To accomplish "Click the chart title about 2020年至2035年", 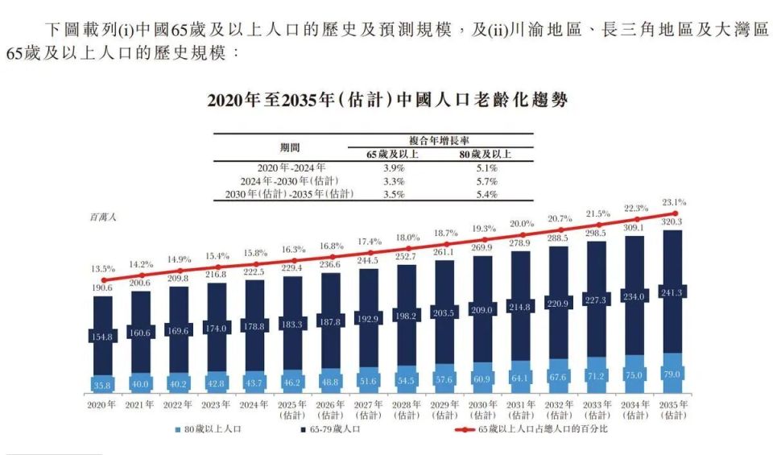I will coord(387,101).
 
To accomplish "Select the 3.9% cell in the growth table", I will coord(392,168).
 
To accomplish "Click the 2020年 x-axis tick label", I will coord(102,404).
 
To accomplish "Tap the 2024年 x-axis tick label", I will coord(255,404).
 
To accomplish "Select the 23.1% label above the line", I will coord(673,202).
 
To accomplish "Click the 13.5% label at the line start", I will coord(102,268).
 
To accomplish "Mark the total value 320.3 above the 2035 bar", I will coord(673,221).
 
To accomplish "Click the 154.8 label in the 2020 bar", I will coord(102,336).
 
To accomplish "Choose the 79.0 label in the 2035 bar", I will coord(673,374).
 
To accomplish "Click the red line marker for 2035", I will coord(673,213).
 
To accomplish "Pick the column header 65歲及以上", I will coord(392,154).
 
